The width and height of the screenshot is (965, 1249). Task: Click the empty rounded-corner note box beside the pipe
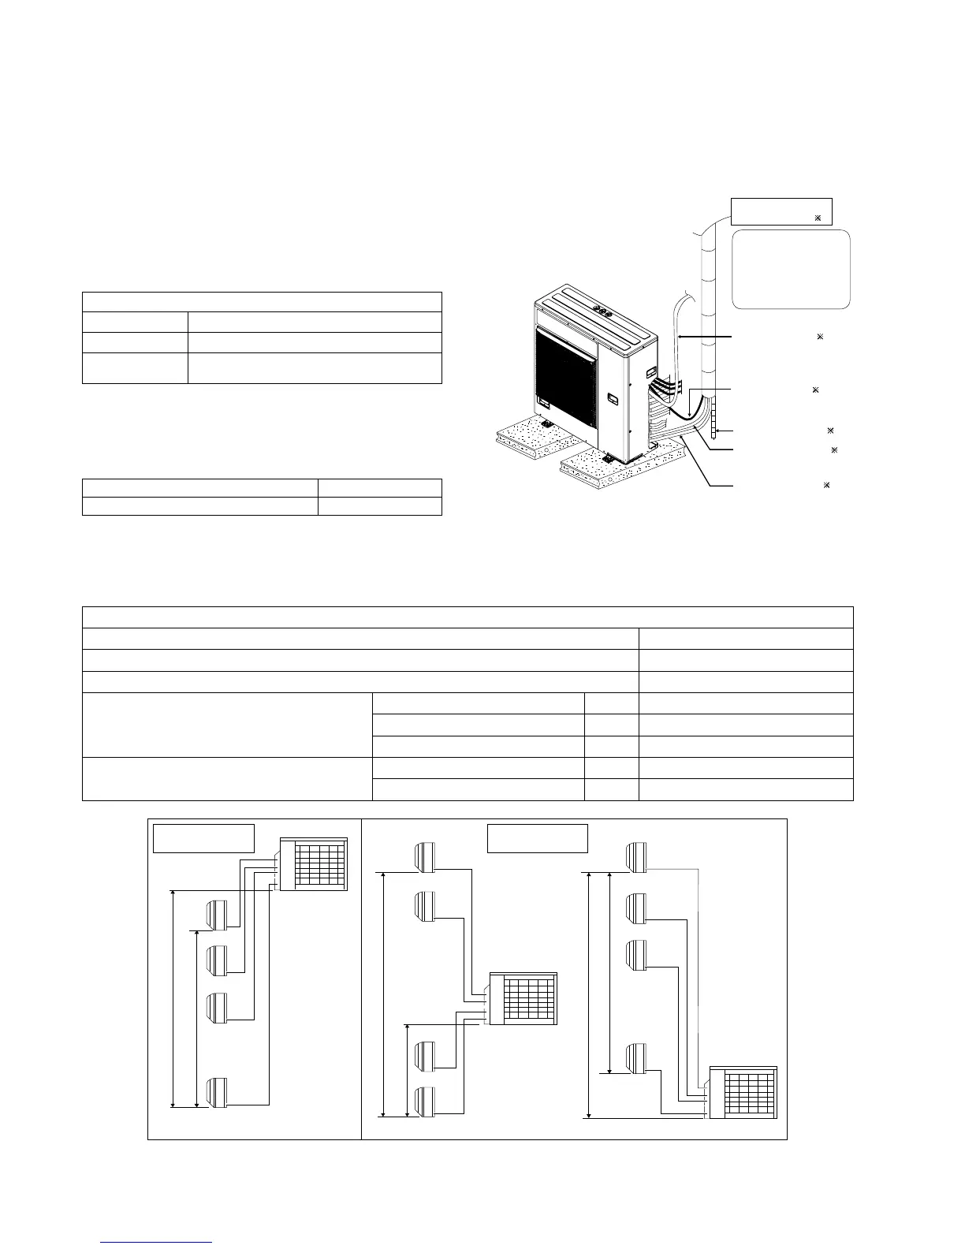click(x=791, y=269)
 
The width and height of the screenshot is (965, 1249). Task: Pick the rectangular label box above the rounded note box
click(x=781, y=211)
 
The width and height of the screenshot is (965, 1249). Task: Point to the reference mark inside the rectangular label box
click(x=818, y=217)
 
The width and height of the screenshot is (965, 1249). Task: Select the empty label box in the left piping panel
click(x=203, y=838)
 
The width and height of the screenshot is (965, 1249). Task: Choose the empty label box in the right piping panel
click(x=538, y=838)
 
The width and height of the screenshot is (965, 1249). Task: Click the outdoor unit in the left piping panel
click(x=313, y=865)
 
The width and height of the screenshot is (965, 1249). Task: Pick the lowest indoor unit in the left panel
click(x=217, y=1092)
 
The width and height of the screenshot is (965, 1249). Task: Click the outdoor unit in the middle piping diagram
click(x=523, y=998)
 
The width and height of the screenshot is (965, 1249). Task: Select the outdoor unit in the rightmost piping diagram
click(x=743, y=1092)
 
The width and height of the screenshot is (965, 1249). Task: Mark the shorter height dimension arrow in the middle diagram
click(x=407, y=1069)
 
